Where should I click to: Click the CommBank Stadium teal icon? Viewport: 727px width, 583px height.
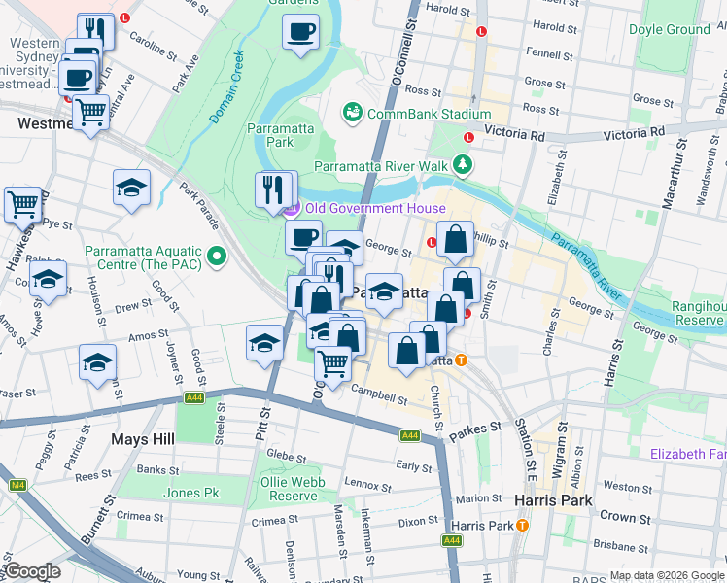352,114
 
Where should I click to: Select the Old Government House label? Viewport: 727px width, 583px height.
375,208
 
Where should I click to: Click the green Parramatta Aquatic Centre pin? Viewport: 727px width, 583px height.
218,257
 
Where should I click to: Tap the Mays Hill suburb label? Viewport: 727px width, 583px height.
142,439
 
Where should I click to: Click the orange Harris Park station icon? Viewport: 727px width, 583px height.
523,526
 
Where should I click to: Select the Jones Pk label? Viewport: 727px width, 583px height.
190,493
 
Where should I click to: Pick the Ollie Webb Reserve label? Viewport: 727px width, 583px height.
289,489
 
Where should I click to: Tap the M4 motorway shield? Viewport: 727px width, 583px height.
17,485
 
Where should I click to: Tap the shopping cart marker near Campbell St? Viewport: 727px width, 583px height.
333,363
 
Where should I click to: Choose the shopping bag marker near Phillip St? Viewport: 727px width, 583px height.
454,239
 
